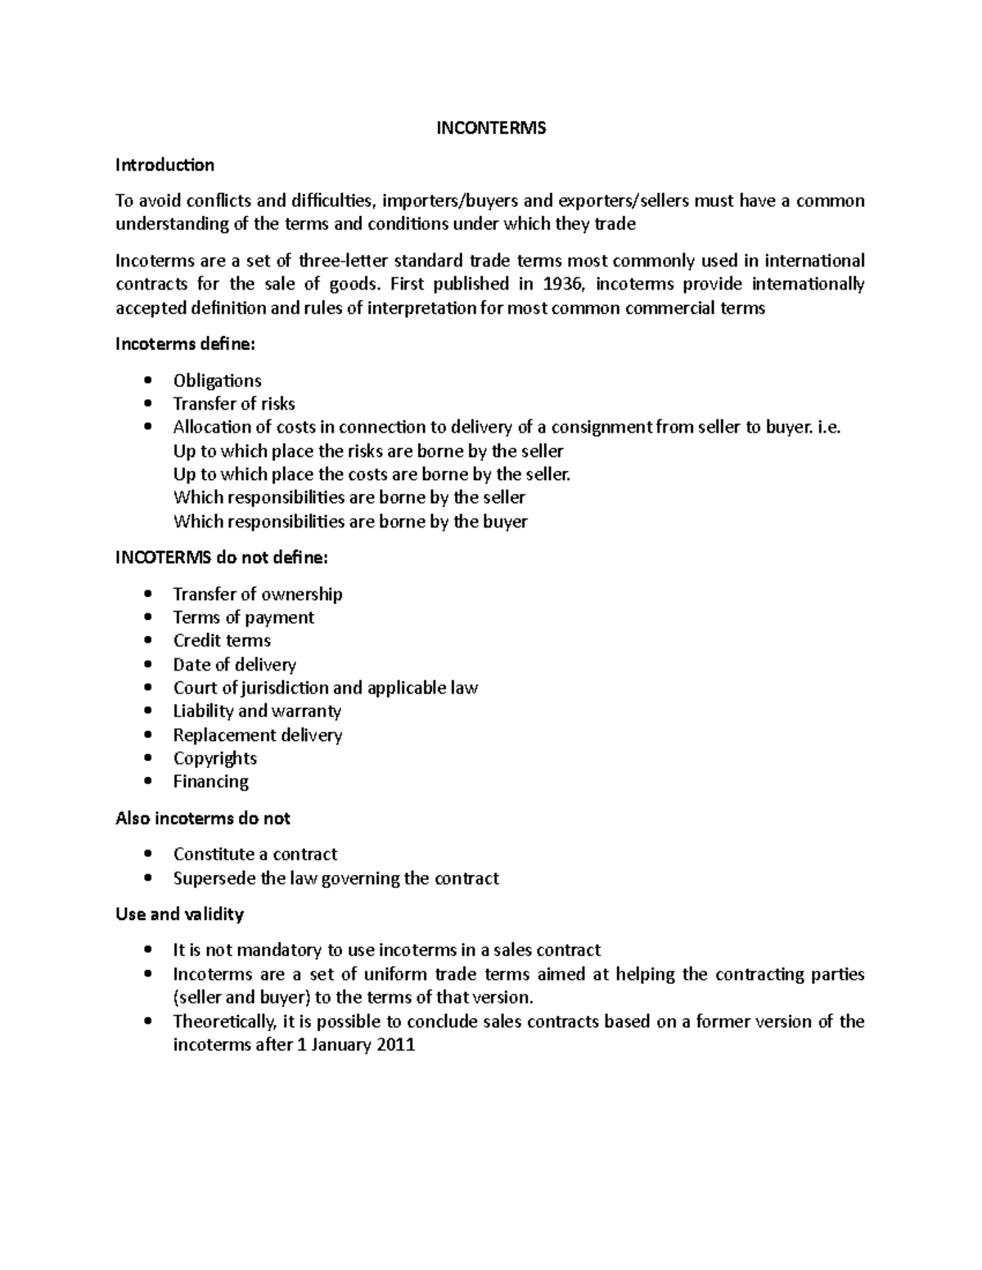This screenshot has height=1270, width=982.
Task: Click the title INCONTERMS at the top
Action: coord(490,128)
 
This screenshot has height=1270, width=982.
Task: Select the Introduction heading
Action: coord(164,165)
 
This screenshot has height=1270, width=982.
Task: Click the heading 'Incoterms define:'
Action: coord(185,344)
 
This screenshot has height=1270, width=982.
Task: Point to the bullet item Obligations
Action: coord(217,380)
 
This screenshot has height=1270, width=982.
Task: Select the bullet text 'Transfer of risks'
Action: coord(233,404)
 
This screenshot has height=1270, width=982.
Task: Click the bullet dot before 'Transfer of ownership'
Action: coord(147,595)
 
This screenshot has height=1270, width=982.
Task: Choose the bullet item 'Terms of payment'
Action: coord(243,617)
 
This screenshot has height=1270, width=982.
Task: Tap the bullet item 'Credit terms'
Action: coord(222,640)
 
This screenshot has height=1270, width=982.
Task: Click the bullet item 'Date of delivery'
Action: coord(234,664)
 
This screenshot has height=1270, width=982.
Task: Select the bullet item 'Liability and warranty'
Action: coord(257,711)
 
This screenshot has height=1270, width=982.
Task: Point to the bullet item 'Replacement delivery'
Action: coord(257,735)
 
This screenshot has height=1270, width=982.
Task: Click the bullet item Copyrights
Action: coord(214,758)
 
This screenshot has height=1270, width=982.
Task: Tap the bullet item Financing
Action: coord(210,782)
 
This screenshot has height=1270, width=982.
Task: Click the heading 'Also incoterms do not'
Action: coord(203,819)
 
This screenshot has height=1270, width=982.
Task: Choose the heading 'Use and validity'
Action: coord(179,914)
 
